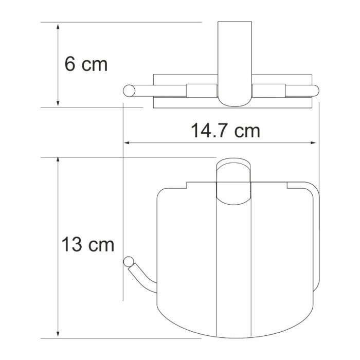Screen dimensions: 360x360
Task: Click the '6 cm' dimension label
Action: [86, 64]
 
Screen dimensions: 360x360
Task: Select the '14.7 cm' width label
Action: [226, 131]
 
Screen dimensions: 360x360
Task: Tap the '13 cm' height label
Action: [87, 244]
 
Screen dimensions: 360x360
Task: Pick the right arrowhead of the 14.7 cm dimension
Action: [314, 143]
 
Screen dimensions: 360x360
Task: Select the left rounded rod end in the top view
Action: [129, 91]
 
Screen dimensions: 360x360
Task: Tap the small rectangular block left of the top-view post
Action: [202, 91]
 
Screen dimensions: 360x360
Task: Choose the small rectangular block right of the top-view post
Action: [268, 91]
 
